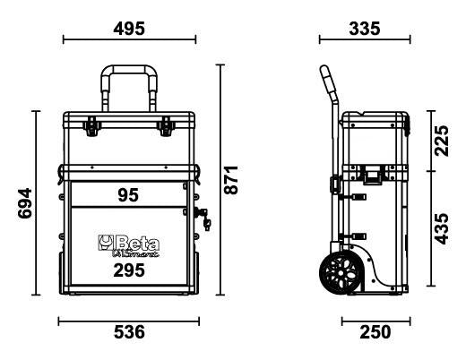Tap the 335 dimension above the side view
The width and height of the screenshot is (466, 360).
pos(363,28)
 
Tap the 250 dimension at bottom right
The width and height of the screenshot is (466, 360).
pos(375,332)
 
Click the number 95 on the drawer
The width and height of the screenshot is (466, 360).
pos(129,194)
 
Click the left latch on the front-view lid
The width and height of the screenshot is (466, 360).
pos(92,127)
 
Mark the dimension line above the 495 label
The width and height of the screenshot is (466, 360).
pos(130,39)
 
